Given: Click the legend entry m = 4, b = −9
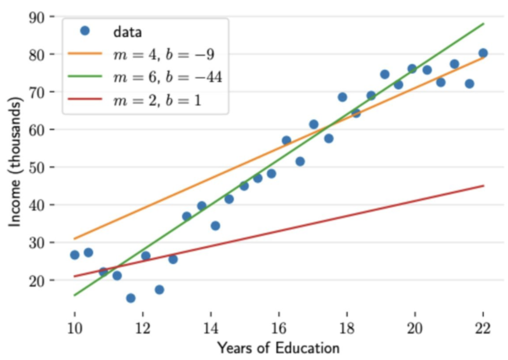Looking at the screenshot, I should click(164, 54).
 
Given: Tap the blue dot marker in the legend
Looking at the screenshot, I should click(84, 31).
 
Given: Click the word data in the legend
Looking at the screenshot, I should click(127, 32).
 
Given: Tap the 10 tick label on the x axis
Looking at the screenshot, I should click(74, 328).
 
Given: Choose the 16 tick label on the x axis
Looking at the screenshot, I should click(279, 328).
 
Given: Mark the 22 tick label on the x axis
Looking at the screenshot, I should click(483, 328).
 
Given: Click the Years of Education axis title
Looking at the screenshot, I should click(278, 348).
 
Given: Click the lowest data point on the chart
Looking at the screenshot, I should click(130, 298).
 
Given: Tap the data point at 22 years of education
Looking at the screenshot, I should click(483, 53).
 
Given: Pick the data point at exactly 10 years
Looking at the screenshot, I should click(74, 255).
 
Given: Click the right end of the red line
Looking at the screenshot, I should click(483, 186).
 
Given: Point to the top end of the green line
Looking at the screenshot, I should click(483, 23).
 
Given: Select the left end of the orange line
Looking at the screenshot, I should click(74, 239).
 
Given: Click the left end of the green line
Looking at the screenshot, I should click(74, 295).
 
